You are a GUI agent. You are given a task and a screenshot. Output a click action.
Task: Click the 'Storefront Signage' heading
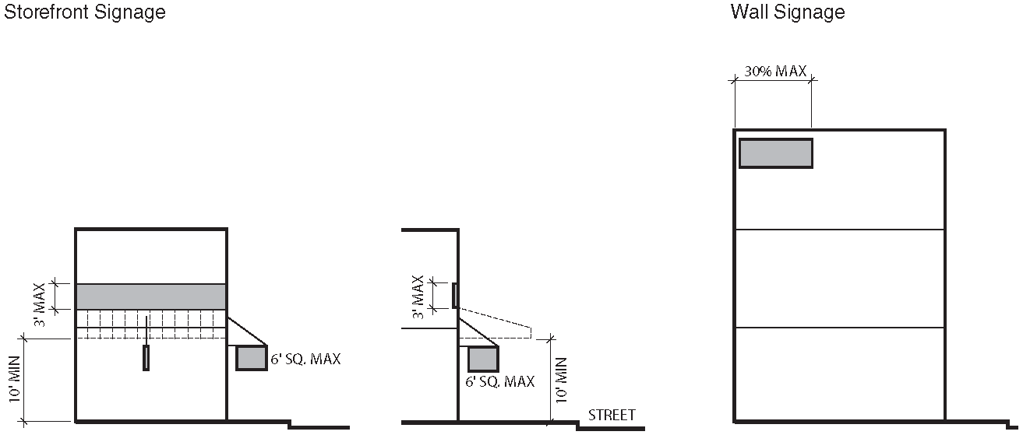(85, 12)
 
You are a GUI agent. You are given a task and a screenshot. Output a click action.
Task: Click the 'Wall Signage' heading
(787, 12)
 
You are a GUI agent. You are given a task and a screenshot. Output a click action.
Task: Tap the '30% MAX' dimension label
(775, 71)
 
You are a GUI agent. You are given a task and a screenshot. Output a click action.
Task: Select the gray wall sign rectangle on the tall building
(775, 153)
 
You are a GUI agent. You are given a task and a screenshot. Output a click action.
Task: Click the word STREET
(612, 415)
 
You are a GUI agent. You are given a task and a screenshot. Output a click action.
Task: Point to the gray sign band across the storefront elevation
(151, 296)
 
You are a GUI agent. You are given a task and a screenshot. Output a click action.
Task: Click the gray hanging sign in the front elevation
(252, 358)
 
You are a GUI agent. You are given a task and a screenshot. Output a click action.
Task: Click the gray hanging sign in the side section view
(483, 359)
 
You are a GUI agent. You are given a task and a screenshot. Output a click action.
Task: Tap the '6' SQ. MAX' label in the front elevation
(305, 360)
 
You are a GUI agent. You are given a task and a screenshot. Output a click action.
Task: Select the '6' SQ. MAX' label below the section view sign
(499, 381)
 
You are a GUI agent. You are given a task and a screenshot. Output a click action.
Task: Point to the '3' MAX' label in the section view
(418, 296)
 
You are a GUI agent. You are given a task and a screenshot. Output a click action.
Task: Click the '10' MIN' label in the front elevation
(14, 380)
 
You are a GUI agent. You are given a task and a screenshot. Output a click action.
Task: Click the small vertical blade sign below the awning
(146, 358)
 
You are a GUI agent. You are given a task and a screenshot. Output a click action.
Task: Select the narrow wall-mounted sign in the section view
(454, 296)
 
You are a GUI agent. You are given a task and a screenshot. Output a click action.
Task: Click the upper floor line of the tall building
(840, 230)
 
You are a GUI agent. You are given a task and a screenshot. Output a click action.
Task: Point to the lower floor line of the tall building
(840, 328)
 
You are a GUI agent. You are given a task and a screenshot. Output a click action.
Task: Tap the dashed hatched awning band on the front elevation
(151, 324)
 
